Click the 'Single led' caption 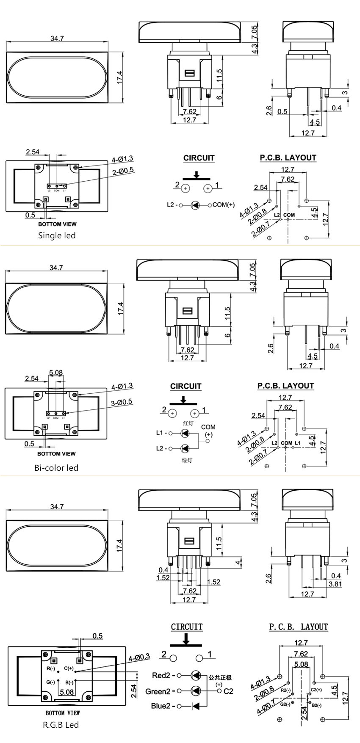(x=57, y=235)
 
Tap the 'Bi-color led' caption (x=56, y=468)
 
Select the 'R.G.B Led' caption (x=61, y=725)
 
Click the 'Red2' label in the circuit (x=161, y=676)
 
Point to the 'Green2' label (x=158, y=691)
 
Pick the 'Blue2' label (x=161, y=706)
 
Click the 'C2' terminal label (x=228, y=691)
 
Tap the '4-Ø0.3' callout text (x=139, y=657)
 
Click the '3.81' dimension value (x=335, y=584)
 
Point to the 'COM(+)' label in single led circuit (x=224, y=205)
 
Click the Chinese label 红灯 (x=188, y=423)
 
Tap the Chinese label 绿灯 (x=187, y=460)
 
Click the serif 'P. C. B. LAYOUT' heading (x=299, y=627)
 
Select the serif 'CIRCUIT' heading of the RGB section (x=187, y=627)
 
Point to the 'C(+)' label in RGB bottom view (x=69, y=668)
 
